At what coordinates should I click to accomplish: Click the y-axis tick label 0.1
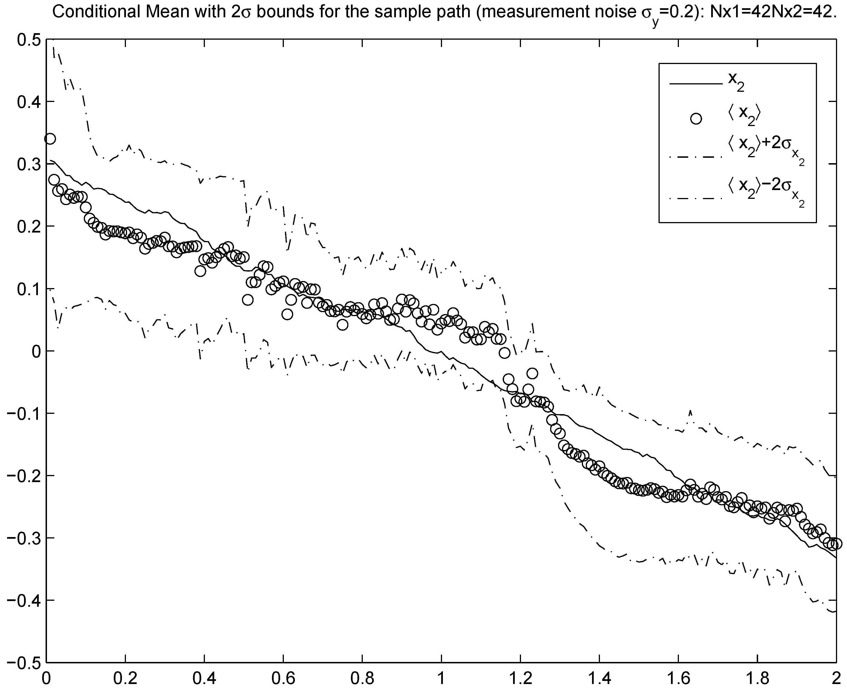pyautogui.click(x=26, y=289)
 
